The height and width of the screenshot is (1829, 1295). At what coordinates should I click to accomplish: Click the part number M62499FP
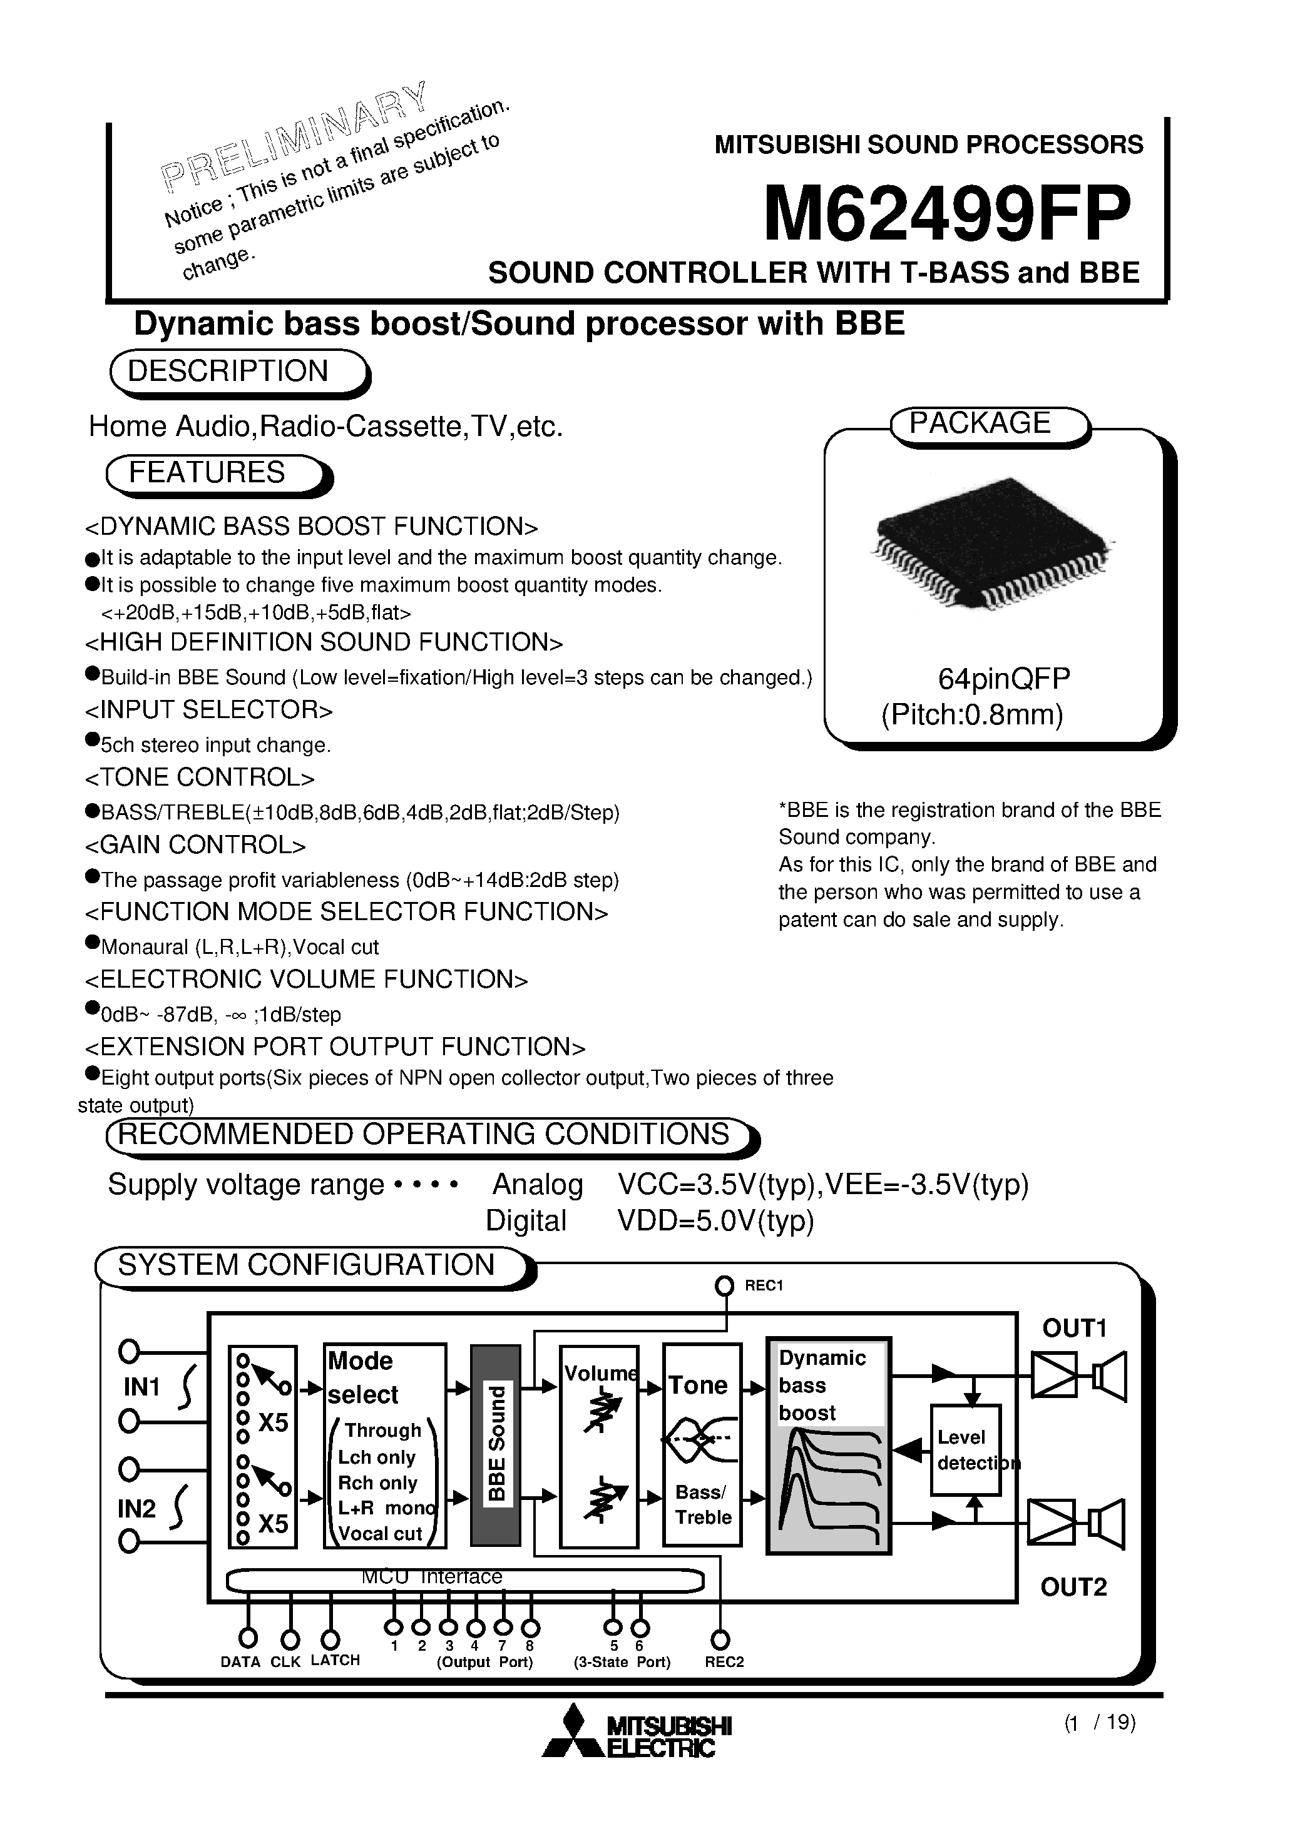(948, 213)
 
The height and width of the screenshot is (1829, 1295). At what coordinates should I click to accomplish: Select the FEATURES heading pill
(207, 473)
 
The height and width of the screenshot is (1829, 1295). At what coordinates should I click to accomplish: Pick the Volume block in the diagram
(599, 1446)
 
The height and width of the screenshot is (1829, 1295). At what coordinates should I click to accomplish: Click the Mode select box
(384, 1446)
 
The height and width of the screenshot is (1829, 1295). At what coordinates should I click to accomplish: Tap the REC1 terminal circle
(724, 1285)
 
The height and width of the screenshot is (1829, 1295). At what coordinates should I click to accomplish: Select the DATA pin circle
(248, 1638)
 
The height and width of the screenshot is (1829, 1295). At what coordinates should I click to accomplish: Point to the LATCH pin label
(335, 1660)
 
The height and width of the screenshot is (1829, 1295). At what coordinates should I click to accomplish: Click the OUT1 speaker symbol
(1110, 1376)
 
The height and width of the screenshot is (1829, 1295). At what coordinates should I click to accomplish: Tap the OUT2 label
(1073, 1587)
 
